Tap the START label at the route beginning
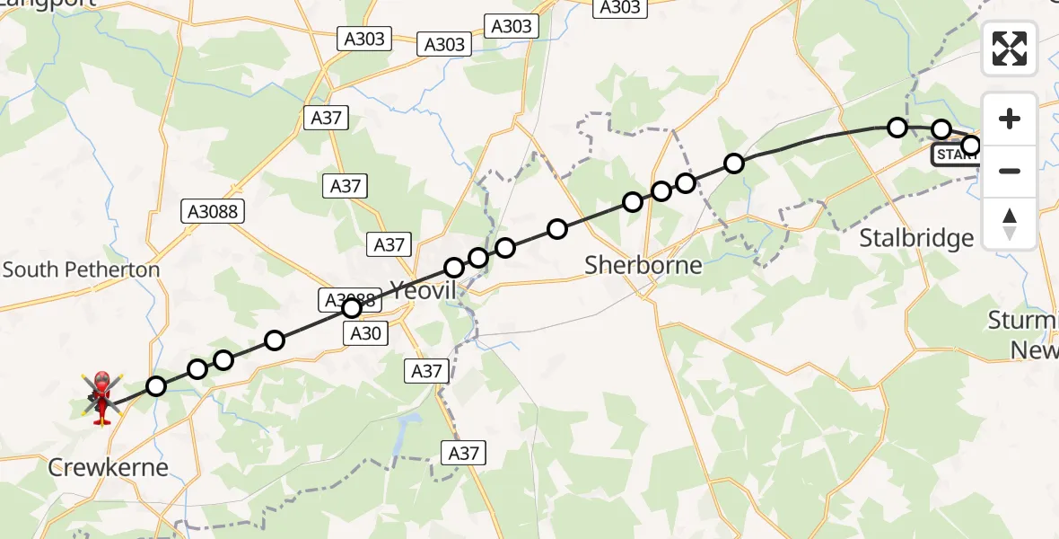click(x=955, y=155)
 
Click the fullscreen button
click(x=1010, y=49)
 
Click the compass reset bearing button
click(x=1010, y=224)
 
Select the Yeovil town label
click(x=424, y=289)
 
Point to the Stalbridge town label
click(x=916, y=238)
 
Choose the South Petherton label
click(x=81, y=269)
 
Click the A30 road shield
click(x=365, y=334)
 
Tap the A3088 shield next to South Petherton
click(x=213, y=211)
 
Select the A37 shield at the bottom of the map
click(x=463, y=453)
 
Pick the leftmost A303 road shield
click(x=363, y=39)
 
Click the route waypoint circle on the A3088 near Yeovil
click(x=352, y=308)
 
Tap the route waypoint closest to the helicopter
click(x=156, y=386)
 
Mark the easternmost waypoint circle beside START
click(x=970, y=145)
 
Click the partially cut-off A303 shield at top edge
click(x=619, y=7)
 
